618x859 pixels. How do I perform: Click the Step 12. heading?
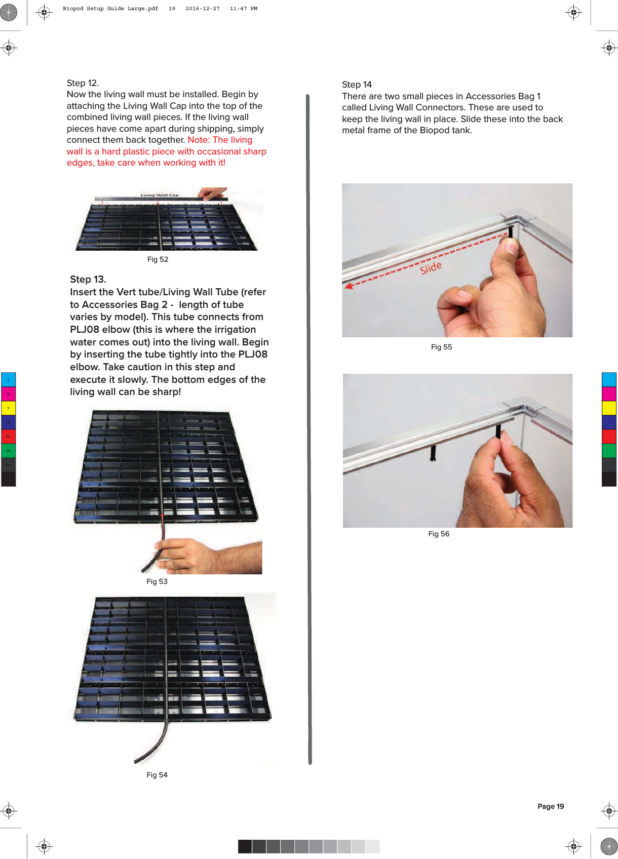pyautogui.click(x=83, y=83)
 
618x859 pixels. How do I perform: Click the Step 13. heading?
pyautogui.click(x=88, y=280)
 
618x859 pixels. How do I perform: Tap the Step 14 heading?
pyautogui.click(x=357, y=85)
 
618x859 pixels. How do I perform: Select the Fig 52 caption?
pyautogui.click(x=158, y=259)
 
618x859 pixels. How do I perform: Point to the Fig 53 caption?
pyautogui.click(x=157, y=581)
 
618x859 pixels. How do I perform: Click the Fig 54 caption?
pyautogui.click(x=157, y=775)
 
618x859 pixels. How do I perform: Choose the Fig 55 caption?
pyautogui.click(x=441, y=347)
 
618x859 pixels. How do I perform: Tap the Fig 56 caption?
pyautogui.click(x=439, y=534)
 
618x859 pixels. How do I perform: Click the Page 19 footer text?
pyautogui.click(x=550, y=806)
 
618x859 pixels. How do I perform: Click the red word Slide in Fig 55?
pyautogui.click(x=431, y=267)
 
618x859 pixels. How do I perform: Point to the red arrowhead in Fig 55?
pyautogui.click(x=349, y=286)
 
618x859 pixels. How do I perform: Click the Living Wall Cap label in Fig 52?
pyautogui.click(x=159, y=195)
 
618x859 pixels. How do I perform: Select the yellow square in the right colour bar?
pyautogui.click(x=608, y=408)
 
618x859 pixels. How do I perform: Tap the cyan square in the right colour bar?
pyautogui.click(x=608, y=379)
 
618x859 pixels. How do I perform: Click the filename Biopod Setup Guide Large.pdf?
pyautogui.click(x=110, y=9)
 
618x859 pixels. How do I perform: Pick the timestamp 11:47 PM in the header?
pyautogui.click(x=243, y=9)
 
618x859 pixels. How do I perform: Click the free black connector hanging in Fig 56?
pyautogui.click(x=433, y=452)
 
